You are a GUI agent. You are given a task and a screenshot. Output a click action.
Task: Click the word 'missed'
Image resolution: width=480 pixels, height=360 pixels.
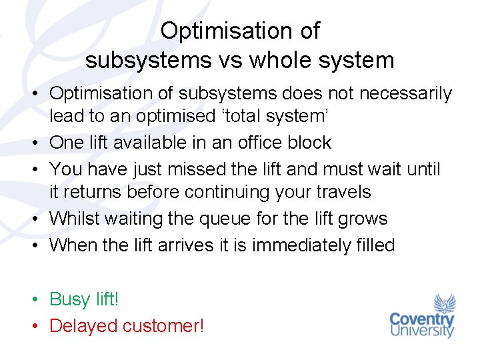point(191,169)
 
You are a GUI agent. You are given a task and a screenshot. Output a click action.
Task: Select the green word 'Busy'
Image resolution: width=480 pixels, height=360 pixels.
point(70,299)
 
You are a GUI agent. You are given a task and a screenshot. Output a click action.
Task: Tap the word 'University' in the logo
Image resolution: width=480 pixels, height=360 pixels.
point(422,331)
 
